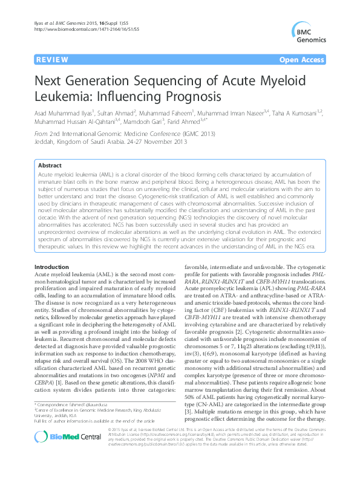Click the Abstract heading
coord(51,165)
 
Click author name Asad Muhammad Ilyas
coord(62,112)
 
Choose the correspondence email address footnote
coord(71,402)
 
